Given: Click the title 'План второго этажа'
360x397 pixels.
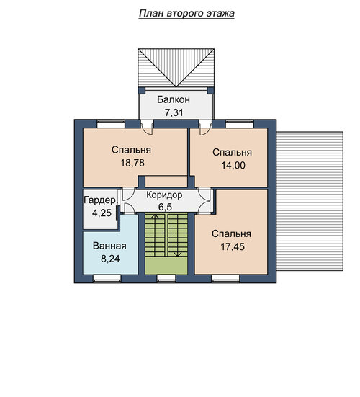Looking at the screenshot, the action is coord(186,13).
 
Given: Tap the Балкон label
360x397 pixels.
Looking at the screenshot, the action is coord(174,99).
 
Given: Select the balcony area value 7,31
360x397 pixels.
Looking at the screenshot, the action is coord(174,112).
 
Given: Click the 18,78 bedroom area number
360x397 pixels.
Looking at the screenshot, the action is coord(132,163).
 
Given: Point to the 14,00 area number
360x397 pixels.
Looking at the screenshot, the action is coord(233,165).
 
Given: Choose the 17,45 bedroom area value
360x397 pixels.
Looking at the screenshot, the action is coord(233,246).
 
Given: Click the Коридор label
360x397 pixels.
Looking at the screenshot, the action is coord(164,195).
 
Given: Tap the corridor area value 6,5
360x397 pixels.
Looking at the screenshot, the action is coord(165,207).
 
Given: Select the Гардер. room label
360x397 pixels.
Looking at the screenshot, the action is coord(101,200).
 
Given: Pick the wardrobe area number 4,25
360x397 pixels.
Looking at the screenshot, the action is coord(102,213).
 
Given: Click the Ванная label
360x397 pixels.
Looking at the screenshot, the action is coord(109,246).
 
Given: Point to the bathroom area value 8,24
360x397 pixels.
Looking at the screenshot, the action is coord(110,259).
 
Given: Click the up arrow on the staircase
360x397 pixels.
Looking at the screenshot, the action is coord(155,234).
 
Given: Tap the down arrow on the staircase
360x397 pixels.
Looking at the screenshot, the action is coord(178,235).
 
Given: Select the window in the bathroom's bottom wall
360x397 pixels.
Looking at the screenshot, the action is coord(107,277).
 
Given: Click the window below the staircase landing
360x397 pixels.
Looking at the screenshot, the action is coord(166,277).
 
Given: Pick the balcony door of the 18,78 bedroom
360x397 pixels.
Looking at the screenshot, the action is coord(147,128).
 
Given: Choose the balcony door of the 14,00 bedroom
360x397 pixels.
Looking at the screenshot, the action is coord(205,128).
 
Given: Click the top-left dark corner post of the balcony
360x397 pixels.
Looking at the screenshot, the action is coord(142,90).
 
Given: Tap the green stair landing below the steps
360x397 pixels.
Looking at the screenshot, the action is coord(166,265).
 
